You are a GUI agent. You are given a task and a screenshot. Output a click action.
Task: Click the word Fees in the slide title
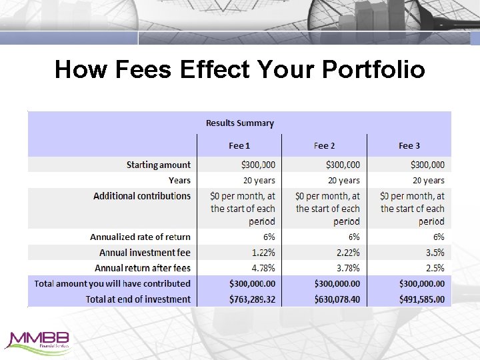(x=144, y=69)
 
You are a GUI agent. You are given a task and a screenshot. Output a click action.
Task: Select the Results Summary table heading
(x=240, y=123)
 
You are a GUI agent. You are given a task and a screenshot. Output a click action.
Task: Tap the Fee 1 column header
(x=240, y=145)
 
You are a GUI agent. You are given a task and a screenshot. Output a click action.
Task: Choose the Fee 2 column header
(x=325, y=145)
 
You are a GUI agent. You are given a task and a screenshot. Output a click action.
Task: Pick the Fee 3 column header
(x=409, y=145)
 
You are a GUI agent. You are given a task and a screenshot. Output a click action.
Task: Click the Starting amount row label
(x=159, y=165)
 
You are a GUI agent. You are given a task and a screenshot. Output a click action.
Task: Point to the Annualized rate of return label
(x=141, y=237)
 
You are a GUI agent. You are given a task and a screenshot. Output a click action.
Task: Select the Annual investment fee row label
(x=145, y=253)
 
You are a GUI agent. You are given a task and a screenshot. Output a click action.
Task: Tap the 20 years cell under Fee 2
(x=344, y=181)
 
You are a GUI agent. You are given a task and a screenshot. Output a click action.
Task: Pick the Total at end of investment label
(x=138, y=299)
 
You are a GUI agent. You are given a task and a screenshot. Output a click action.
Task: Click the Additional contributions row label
(x=142, y=196)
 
